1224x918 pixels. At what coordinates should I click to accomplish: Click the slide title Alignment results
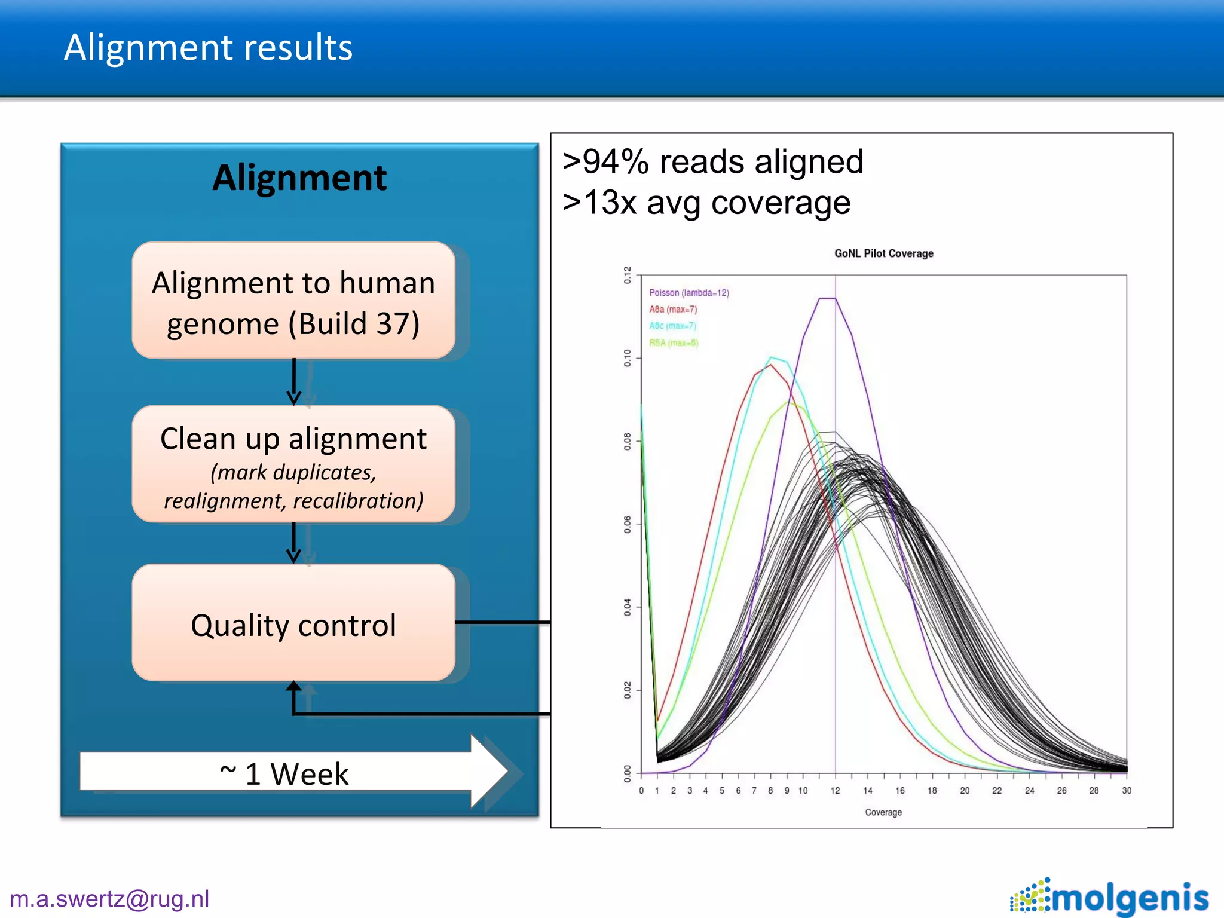tap(208, 48)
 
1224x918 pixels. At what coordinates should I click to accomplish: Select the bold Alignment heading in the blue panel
tap(299, 178)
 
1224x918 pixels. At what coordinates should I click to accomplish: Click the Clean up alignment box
tap(293, 464)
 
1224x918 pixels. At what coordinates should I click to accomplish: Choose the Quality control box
tap(293, 625)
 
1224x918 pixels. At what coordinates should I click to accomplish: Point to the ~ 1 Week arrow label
tap(284, 773)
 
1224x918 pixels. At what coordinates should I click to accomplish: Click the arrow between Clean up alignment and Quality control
tap(293, 543)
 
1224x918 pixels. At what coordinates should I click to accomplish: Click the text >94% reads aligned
tap(712, 162)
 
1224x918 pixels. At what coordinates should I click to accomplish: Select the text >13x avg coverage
tap(706, 203)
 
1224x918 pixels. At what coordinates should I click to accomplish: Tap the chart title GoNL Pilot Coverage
tap(883, 253)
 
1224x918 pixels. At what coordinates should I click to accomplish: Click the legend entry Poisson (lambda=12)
tap(688, 293)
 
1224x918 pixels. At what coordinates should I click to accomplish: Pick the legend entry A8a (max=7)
tap(673, 310)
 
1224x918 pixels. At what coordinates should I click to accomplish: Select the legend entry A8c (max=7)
tap(672, 326)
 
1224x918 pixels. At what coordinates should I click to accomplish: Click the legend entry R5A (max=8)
tap(674, 342)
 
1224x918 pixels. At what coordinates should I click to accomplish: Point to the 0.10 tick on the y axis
tap(627, 358)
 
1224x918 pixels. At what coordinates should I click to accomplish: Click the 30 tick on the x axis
tap(1127, 791)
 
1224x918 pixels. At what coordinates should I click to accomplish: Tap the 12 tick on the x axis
tap(835, 791)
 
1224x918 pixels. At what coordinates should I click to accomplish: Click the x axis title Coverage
tap(883, 812)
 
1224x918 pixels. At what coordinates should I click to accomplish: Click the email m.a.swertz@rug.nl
tap(109, 899)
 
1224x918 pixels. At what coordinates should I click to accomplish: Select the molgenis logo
tap(1110, 897)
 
